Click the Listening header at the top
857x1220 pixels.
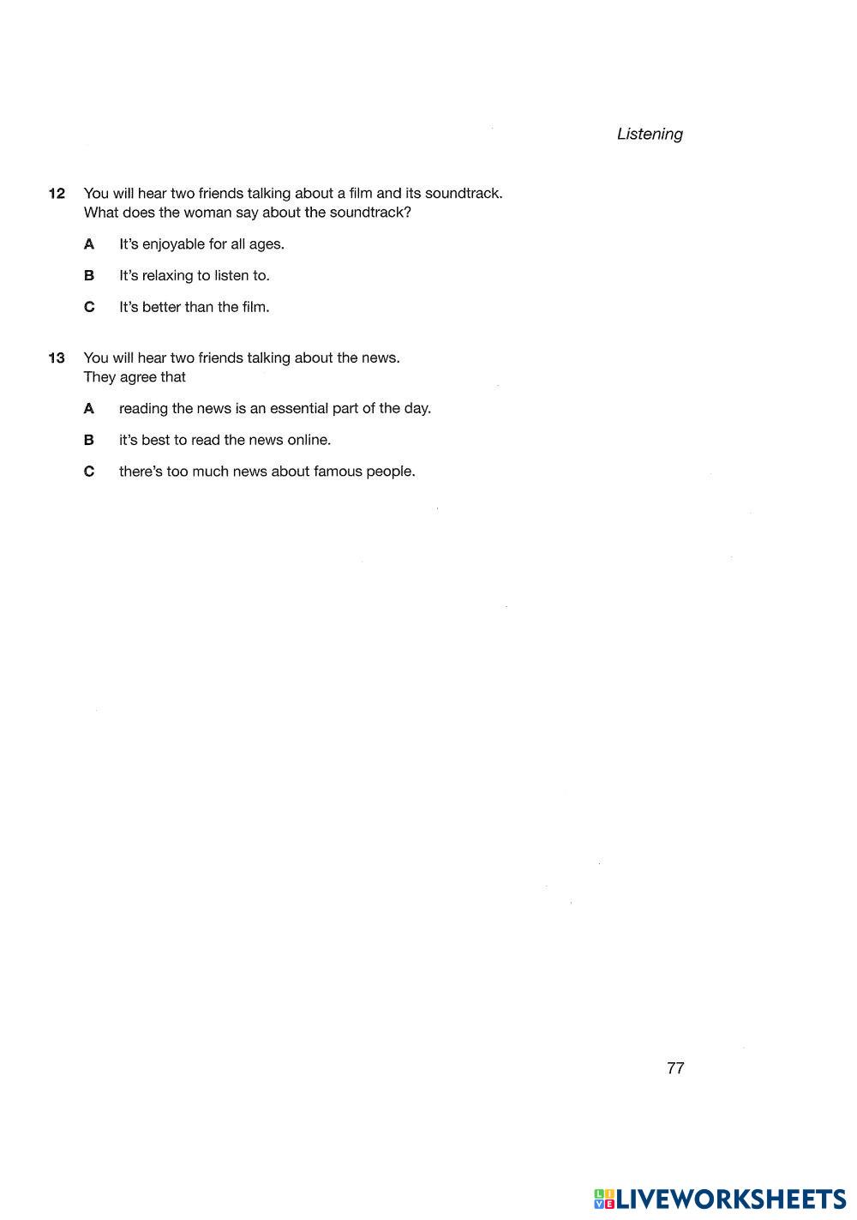coord(650,134)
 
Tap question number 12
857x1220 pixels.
coord(57,194)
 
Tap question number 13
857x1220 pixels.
coord(57,358)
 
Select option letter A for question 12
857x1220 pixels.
coord(89,244)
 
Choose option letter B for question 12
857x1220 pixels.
coord(89,276)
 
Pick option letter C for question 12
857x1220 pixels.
coord(89,307)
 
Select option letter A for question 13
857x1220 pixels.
coord(89,409)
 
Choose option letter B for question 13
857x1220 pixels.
coord(89,441)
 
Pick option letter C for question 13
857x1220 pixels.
coord(89,472)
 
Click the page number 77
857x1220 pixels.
coord(675,1068)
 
